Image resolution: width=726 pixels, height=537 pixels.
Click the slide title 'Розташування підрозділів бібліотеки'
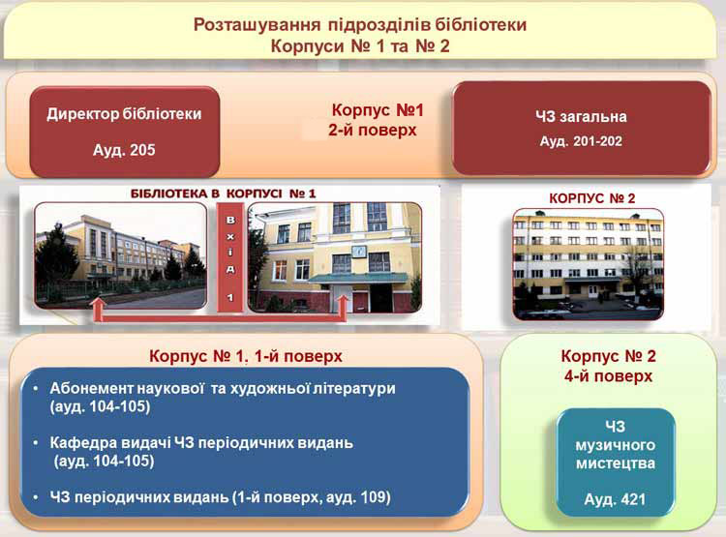[x=360, y=24]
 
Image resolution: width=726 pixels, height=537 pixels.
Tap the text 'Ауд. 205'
[x=124, y=150]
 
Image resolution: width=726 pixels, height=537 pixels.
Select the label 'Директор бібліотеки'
[x=124, y=114]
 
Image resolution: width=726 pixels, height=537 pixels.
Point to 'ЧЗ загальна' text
[x=581, y=116]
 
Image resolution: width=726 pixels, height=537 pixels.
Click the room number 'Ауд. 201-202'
[x=581, y=141]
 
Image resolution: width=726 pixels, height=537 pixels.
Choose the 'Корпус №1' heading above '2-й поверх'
[x=378, y=110]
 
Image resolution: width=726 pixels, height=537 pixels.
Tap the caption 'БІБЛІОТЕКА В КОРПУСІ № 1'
[x=224, y=194]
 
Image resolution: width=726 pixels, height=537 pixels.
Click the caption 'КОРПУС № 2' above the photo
[x=591, y=198]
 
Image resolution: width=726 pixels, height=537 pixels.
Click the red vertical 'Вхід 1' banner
[x=230, y=257]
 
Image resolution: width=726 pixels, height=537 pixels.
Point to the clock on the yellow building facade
[x=359, y=252]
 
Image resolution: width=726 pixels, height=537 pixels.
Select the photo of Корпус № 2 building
[x=588, y=264]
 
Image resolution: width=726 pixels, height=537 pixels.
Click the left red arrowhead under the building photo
[x=98, y=303]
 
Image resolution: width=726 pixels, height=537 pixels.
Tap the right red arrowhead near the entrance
[x=342, y=302]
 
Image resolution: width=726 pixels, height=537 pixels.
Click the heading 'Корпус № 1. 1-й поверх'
[x=246, y=356]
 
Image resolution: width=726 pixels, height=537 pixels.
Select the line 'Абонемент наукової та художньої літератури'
[x=223, y=388]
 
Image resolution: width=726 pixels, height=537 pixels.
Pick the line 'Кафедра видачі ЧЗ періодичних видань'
[x=201, y=443]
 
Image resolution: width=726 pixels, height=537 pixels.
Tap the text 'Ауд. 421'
[x=615, y=499]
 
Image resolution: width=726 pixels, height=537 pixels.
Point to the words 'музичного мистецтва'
[x=616, y=454]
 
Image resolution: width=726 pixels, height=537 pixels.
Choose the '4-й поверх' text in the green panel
[x=608, y=375]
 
